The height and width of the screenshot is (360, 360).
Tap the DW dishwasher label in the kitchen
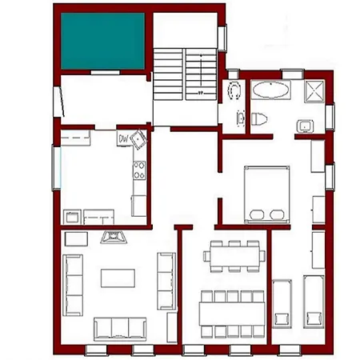124,138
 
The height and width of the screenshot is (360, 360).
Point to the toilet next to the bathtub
258,118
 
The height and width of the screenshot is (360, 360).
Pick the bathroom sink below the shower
305,126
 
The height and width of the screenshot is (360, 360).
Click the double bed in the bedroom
267,194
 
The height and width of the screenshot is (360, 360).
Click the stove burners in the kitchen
139,170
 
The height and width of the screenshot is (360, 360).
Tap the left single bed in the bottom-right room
282,302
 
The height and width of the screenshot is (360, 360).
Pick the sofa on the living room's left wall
72,284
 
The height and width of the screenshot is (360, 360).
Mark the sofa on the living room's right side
166,280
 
